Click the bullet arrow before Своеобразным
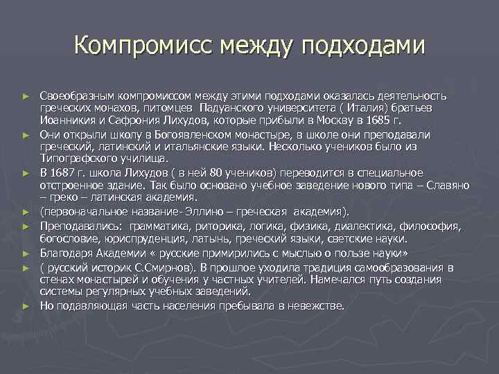26,96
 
